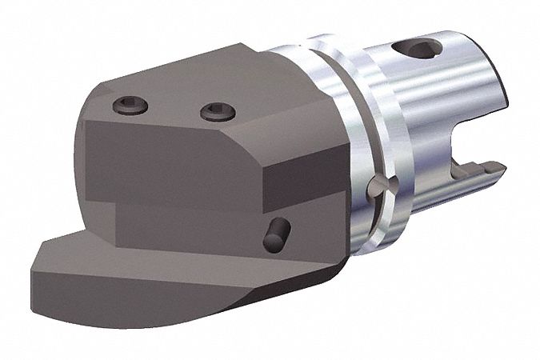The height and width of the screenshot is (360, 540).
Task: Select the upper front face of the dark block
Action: (168, 160)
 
